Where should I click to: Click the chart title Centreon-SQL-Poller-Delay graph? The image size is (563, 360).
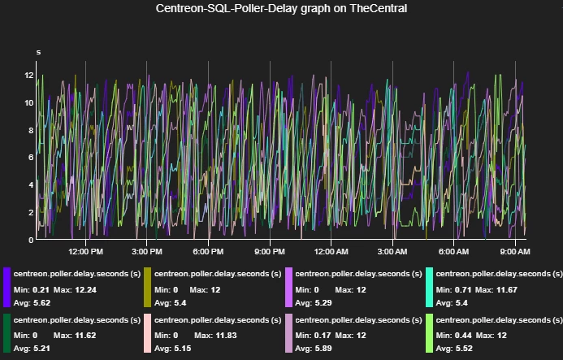pyautogui.click(x=281, y=8)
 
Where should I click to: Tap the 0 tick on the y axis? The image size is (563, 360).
pyautogui.click(x=31, y=241)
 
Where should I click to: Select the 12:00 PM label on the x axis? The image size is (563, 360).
pyautogui.click(x=86, y=252)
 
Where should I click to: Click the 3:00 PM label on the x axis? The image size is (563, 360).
pyautogui.click(x=147, y=252)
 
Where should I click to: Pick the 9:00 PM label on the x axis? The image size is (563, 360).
pyautogui.click(x=270, y=252)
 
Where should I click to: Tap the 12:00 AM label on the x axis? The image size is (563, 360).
pyautogui.click(x=331, y=252)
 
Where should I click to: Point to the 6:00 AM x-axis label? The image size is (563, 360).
pyautogui.click(x=454, y=252)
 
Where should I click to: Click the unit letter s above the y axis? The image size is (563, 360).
pyautogui.click(x=38, y=53)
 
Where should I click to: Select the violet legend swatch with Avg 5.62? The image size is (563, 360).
pyautogui.click(x=7, y=288)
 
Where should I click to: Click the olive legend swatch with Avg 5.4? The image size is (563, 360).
pyautogui.click(x=148, y=288)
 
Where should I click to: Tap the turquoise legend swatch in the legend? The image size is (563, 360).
pyautogui.click(x=429, y=288)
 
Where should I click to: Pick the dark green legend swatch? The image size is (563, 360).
pyautogui.click(x=7, y=333)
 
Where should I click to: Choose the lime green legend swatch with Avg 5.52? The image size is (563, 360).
pyautogui.click(x=429, y=333)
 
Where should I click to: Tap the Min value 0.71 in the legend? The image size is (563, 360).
pyautogui.click(x=463, y=290)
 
